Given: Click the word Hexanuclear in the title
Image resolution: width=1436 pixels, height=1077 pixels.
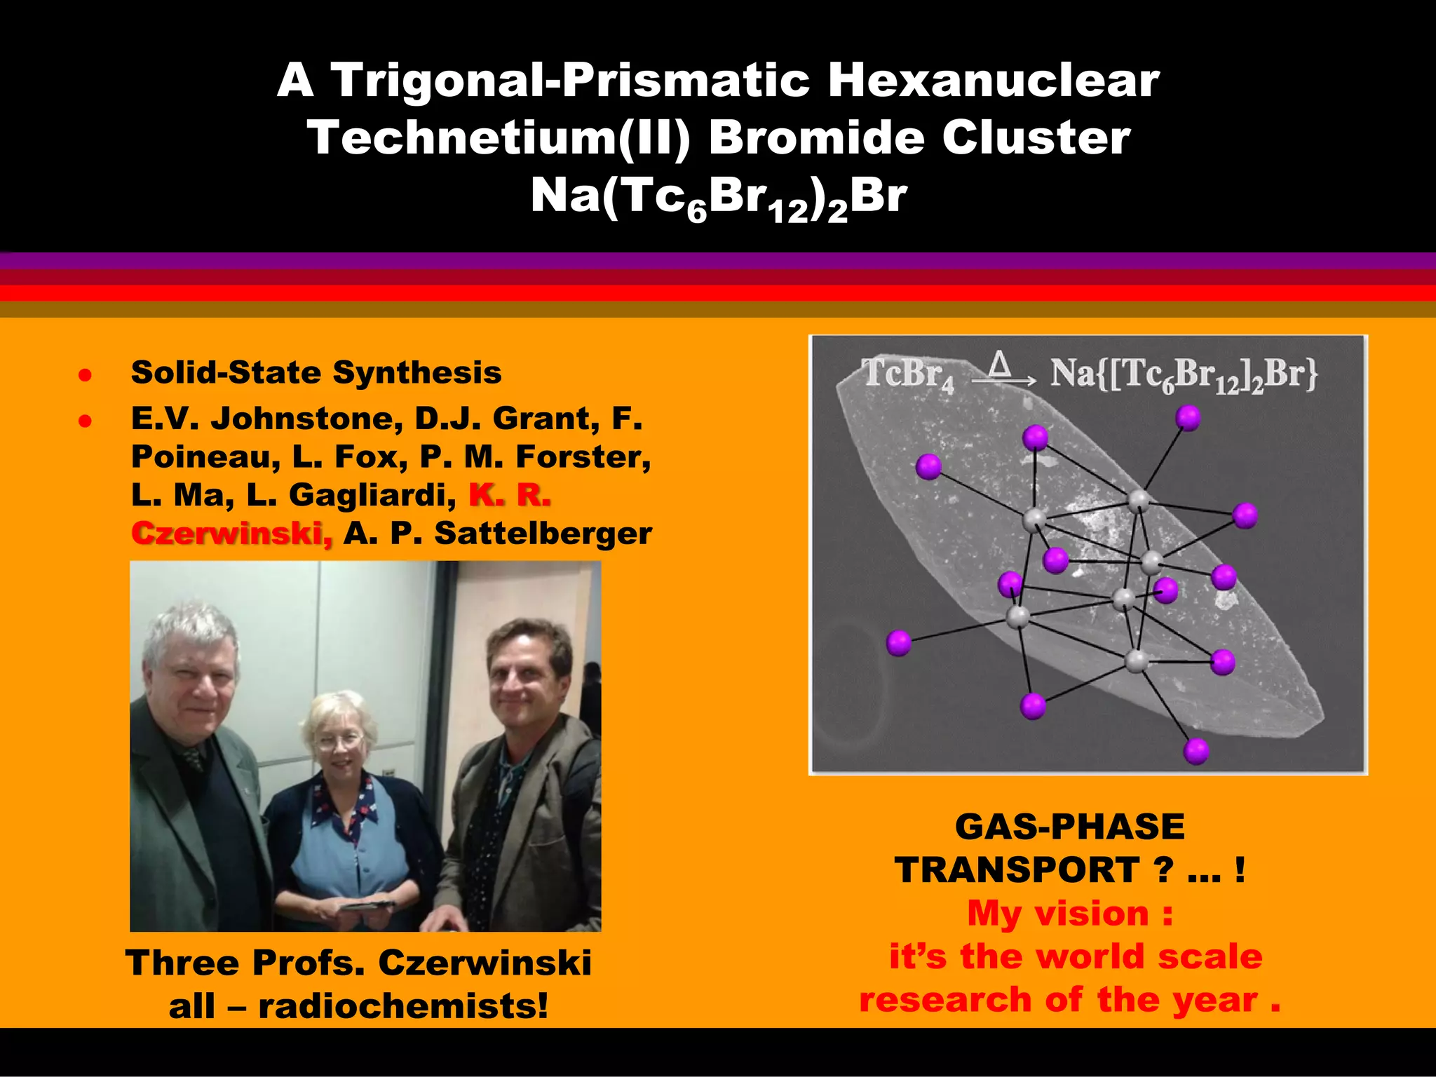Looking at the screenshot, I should [993, 80].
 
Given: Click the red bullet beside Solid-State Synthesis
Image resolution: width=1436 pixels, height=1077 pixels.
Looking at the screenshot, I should [85, 374].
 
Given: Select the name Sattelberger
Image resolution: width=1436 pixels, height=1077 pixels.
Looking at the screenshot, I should [543, 534].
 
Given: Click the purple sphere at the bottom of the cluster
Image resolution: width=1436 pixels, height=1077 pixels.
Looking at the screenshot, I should [1195, 751].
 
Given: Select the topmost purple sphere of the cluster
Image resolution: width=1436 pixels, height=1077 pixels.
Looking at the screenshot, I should [1188, 418].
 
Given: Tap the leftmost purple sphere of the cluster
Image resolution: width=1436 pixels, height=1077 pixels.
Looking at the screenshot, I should [898, 642].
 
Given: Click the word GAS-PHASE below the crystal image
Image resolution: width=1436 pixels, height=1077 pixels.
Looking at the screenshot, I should [1069, 827].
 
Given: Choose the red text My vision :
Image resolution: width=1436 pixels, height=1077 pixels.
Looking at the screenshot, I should [1069, 914].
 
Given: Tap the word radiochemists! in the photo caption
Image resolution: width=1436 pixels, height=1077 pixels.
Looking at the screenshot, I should [403, 1006].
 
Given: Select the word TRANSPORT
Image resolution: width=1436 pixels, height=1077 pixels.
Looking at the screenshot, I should [1017, 871].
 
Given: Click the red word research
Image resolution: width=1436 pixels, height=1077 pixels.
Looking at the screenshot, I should [945, 1000].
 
